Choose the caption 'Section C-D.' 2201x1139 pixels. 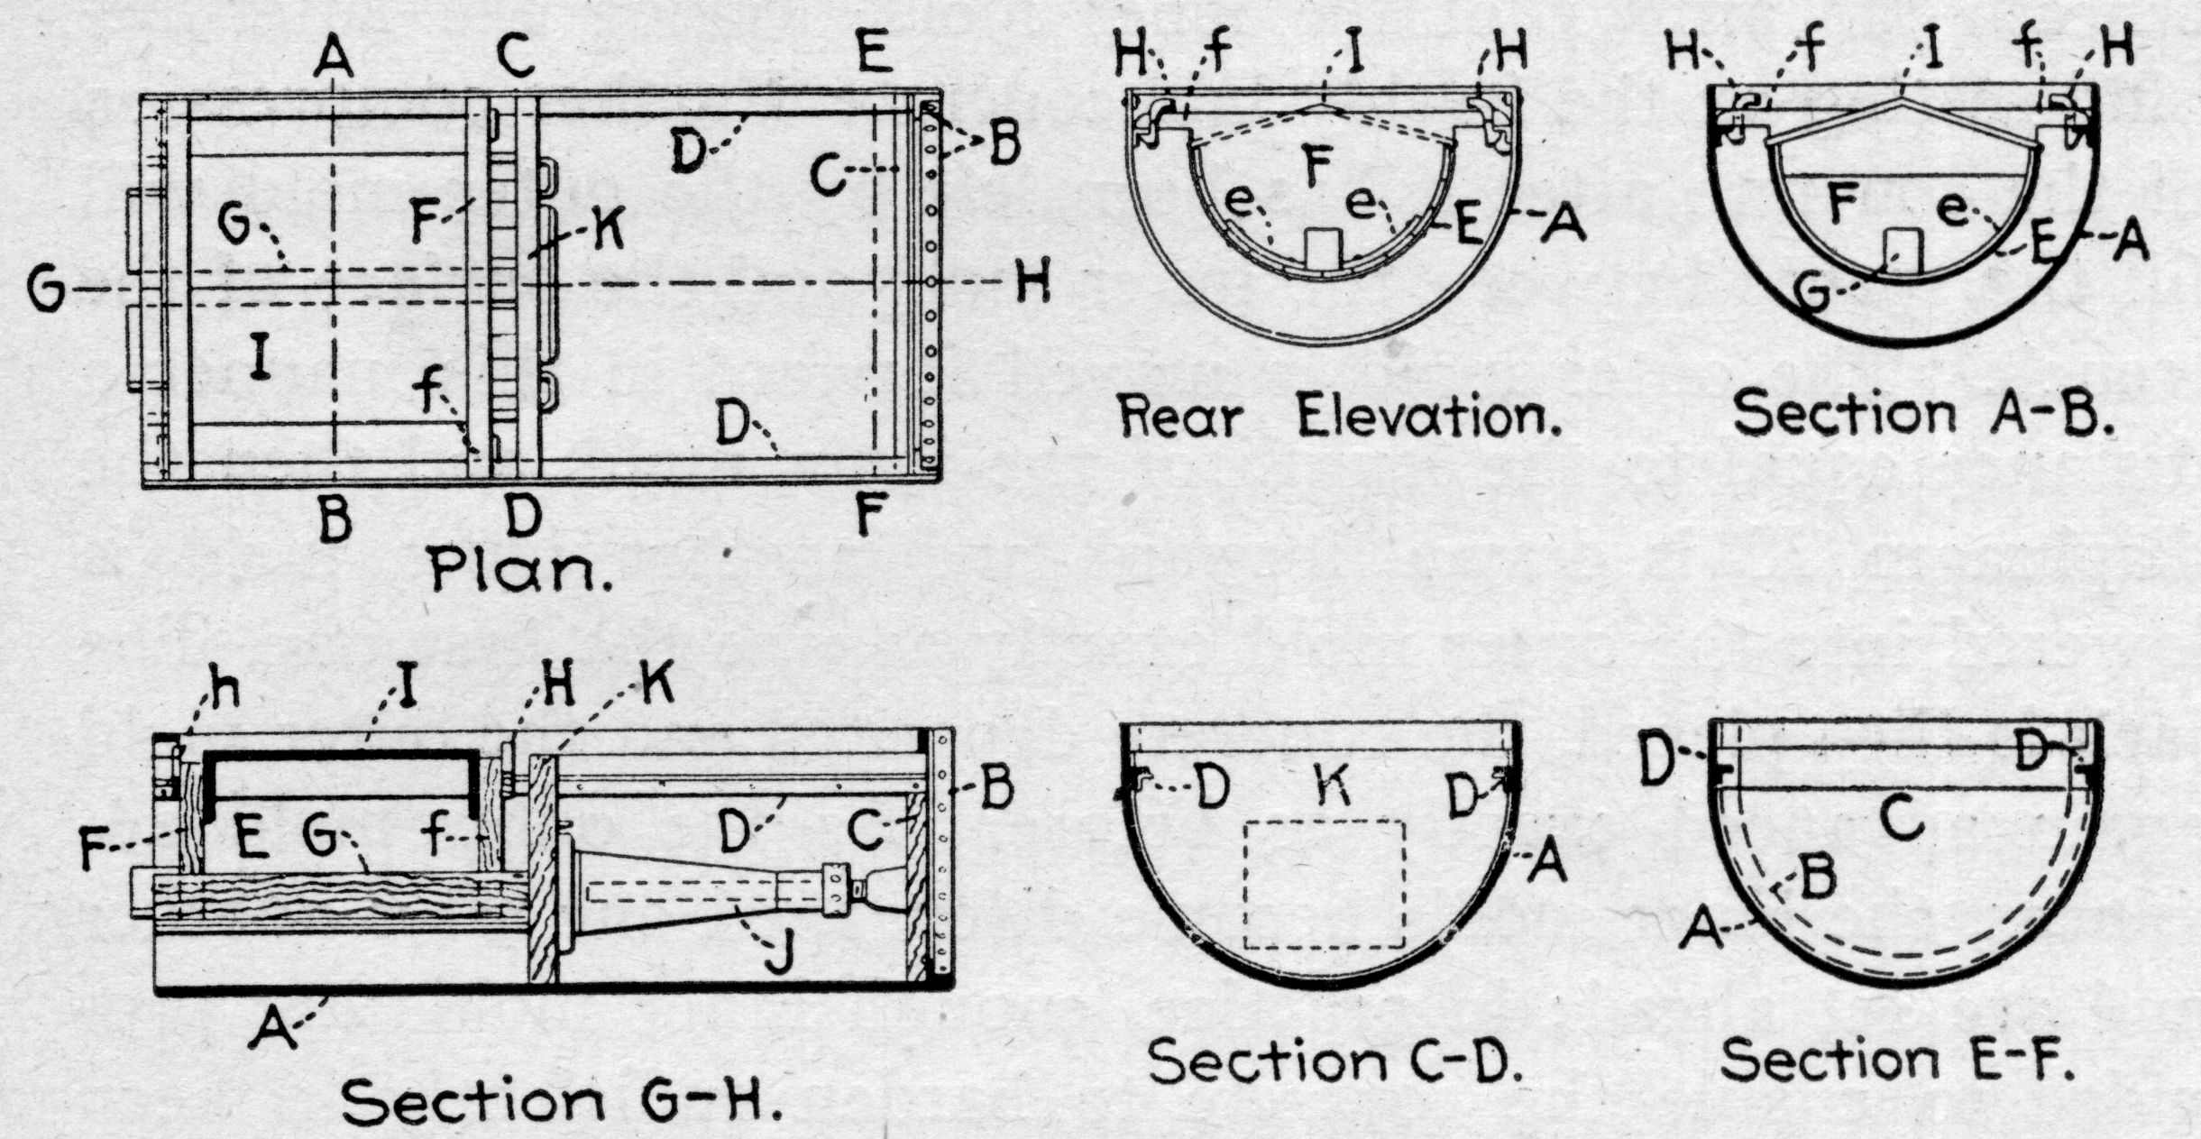[1335, 1061]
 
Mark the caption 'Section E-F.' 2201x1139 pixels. [1897, 1061]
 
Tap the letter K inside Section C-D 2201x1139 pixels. [1334, 786]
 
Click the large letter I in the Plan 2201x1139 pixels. [260, 358]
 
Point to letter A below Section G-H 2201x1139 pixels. [272, 1029]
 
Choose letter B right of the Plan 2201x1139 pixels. [1003, 144]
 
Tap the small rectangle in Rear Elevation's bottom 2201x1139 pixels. [1323, 247]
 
